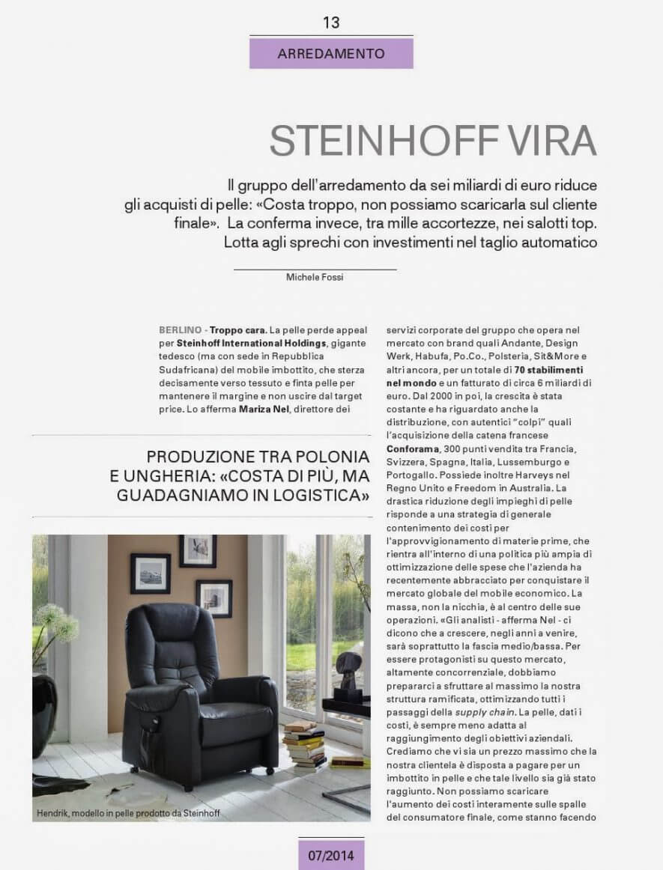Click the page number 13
(331, 22)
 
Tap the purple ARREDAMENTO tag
(331, 54)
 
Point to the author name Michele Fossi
(315, 277)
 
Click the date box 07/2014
(331, 854)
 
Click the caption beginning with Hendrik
(128, 813)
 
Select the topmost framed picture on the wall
(198, 551)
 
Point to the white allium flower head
(56, 621)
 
